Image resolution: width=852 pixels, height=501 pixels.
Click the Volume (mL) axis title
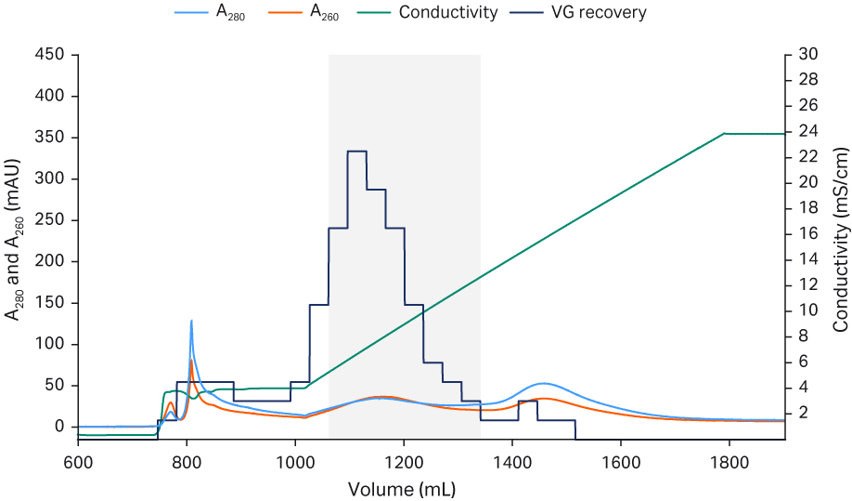(402, 487)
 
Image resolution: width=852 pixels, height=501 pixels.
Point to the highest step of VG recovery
(356, 151)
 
